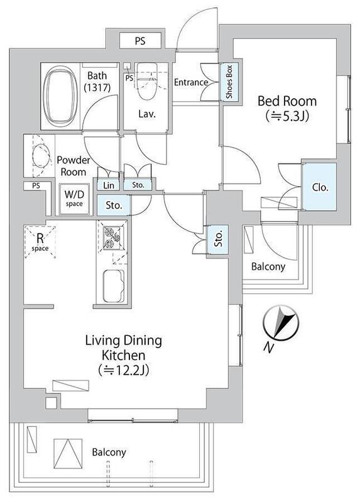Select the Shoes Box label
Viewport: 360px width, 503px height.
229,82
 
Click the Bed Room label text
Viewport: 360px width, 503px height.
287,101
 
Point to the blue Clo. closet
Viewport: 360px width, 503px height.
320,187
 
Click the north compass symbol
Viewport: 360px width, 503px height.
280,322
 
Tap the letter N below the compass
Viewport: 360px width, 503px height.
269,347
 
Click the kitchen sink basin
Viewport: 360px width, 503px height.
114,286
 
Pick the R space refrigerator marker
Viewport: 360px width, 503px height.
40,242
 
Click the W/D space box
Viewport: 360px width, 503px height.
74,199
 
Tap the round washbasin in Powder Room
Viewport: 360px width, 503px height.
41,155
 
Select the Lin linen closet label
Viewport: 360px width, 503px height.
109,185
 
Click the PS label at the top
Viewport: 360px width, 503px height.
139,41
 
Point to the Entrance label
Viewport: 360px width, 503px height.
191,82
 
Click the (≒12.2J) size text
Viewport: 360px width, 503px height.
124,370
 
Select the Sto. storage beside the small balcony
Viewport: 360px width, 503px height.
218,239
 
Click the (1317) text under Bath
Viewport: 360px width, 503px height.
97,87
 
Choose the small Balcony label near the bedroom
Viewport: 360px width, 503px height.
268,267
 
